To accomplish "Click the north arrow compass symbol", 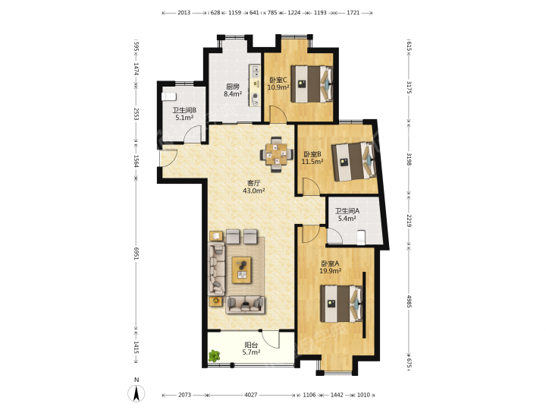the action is click(136, 393).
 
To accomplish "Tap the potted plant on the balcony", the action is click(214, 355).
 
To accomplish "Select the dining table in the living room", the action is click(276, 154).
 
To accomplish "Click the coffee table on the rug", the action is click(242, 270).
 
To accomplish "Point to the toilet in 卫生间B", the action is click(169, 96).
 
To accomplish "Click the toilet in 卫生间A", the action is click(361, 238).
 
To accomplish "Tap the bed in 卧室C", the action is click(312, 84).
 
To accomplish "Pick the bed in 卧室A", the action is click(341, 304).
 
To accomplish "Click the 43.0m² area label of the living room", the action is click(253, 191).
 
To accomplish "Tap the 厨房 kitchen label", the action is click(233, 87).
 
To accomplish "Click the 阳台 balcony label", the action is click(251, 345).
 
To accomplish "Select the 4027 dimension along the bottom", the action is click(251, 395).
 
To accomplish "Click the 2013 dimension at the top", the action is click(184, 13).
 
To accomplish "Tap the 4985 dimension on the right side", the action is click(409, 301).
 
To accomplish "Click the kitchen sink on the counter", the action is click(255, 72).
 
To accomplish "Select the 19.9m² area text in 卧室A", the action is click(330, 271).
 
